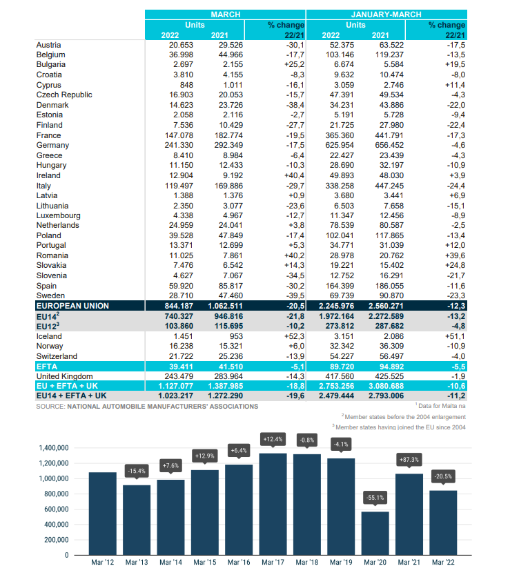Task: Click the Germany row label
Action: pyautogui.click(x=52, y=146)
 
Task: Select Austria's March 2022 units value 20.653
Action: pyautogui.click(x=181, y=45)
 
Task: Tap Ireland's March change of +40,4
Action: pyautogui.click(x=294, y=175)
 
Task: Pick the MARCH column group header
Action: pyautogui.click(x=226, y=14)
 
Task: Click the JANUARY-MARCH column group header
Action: pyautogui.click(x=386, y=14)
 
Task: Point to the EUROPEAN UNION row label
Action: pyautogui.click(x=72, y=306)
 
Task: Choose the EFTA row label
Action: pyautogui.click(x=47, y=367)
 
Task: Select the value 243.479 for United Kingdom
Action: pyautogui.click(x=179, y=376)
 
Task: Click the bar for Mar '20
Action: pyautogui.click(x=375, y=533)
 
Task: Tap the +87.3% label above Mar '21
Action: pyautogui.click(x=409, y=459)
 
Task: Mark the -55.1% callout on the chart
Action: pyautogui.click(x=375, y=497)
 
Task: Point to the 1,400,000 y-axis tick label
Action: pyautogui.click(x=54, y=448)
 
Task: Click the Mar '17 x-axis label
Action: pyautogui.click(x=273, y=562)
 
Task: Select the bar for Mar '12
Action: pyautogui.click(x=103, y=514)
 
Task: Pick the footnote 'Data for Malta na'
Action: pyautogui.click(x=442, y=406)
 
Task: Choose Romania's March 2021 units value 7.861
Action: pyautogui.click(x=233, y=255)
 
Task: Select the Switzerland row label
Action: pyautogui.click(x=57, y=356)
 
